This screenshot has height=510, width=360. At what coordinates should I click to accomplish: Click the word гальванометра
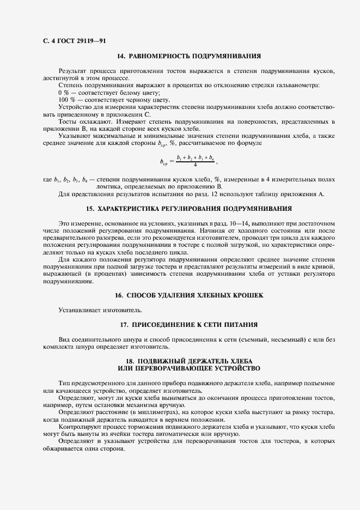(298, 86)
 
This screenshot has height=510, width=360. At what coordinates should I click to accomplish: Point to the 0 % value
(65, 93)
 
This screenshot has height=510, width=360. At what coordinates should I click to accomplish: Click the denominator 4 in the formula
(194, 165)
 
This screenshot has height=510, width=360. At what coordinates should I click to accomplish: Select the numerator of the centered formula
(194, 157)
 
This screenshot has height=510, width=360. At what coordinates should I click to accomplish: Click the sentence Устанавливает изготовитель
(92, 310)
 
